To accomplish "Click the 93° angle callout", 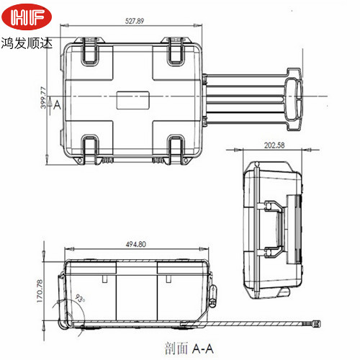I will [x=78, y=299].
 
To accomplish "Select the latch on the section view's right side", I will [x=214, y=292].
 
